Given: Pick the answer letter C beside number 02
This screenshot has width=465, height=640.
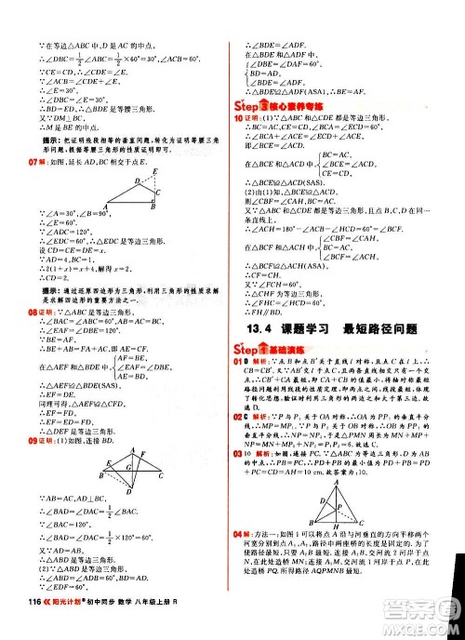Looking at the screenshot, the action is (254, 418).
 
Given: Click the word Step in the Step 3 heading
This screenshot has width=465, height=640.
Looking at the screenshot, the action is (251, 106).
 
